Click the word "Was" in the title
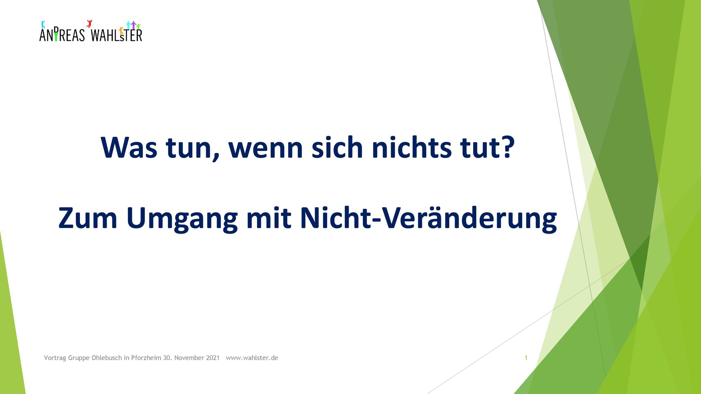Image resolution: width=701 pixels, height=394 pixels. coord(129,147)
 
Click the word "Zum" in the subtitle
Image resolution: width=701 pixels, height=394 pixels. coord(88,218)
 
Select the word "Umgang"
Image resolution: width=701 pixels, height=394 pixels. coord(182,220)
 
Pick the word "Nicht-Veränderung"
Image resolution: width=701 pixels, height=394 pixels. coord(428,220)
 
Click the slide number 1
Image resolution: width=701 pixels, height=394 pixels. coord(526,358)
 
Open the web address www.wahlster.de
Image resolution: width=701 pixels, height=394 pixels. coord(252,358)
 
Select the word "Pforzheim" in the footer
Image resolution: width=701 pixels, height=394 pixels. coord(146,358)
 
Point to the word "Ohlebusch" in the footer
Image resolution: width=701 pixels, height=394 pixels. coord(107,358)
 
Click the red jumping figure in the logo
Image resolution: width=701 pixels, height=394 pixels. coord(89,23)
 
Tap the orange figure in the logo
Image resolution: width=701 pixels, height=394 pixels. coord(121,31)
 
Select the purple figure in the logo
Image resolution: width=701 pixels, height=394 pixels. coord(133,25)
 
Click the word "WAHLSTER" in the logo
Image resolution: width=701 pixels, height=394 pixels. coord(116,35)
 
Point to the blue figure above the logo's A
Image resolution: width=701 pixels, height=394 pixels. coord(43,25)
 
